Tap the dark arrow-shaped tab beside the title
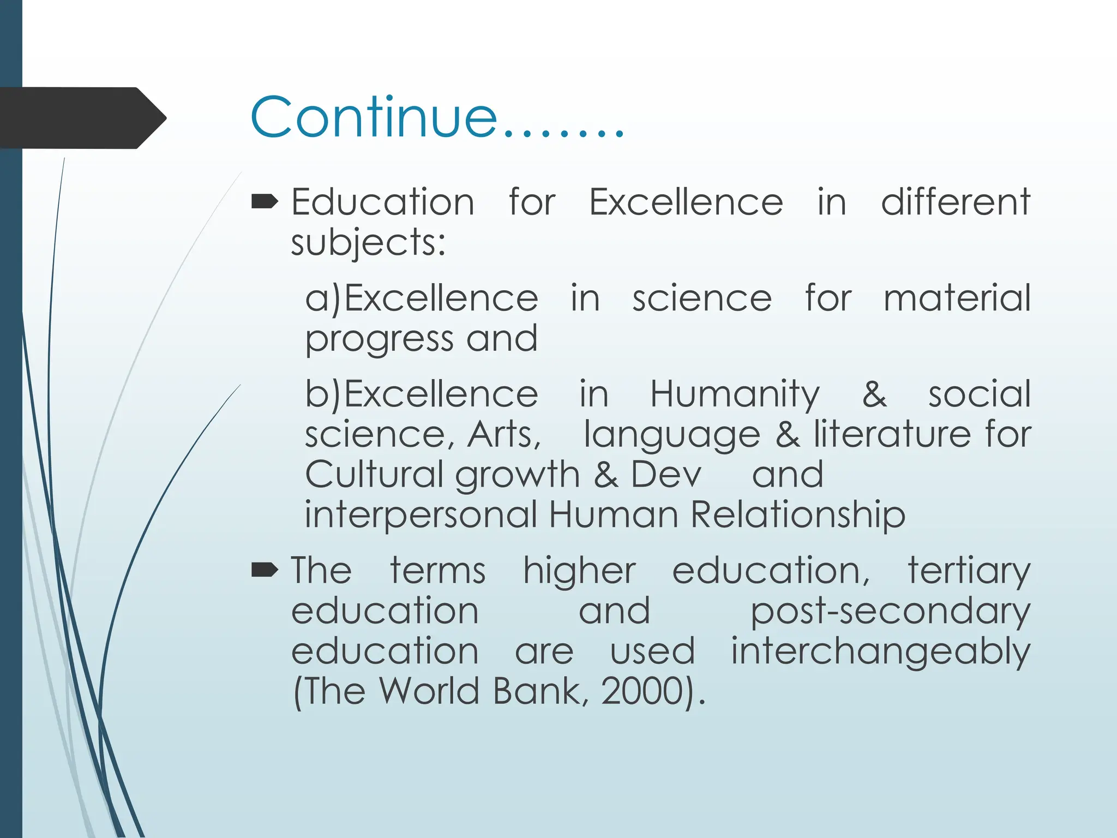pyautogui.click(x=82, y=118)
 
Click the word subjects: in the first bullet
pyautogui.click(x=368, y=243)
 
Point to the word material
pyautogui.click(x=957, y=298)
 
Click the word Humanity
pyautogui.click(x=735, y=394)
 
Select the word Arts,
pyautogui.click(x=505, y=435)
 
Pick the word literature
pyautogui.click(x=892, y=435)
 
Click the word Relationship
pyautogui.click(x=797, y=515)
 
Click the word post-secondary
pyautogui.click(x=890, y=612)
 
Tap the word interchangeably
pyautogui.click(x=880, y=652)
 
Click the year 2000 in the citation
pyautogui.click(x=642, y=692)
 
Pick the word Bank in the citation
pyautogui.click(x=537, y=692)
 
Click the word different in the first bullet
pyautogui.click(x=956, y=202)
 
